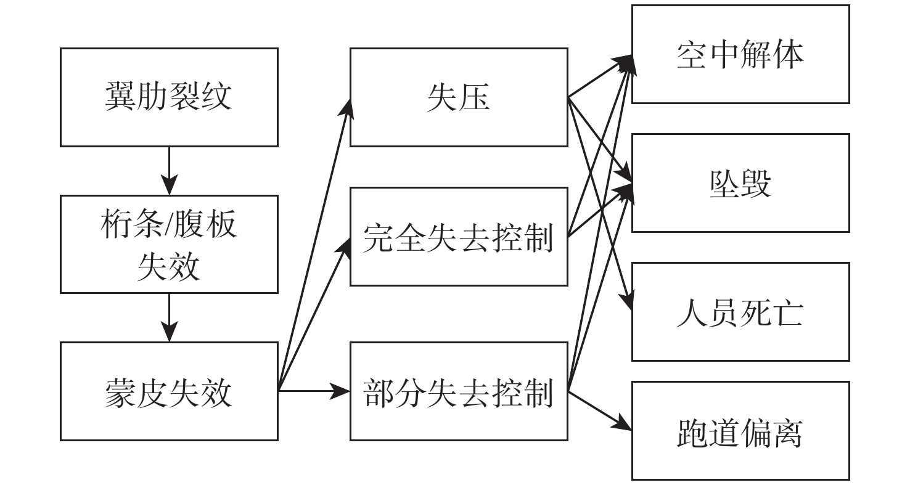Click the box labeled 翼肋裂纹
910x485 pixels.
(x=168, y=97)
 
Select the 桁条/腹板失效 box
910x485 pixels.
(x=168, y=244)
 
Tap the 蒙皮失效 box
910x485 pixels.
(x=168, y=391)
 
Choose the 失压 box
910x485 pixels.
(x=459, y=97)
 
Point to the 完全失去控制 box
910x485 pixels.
(x=459, y=237)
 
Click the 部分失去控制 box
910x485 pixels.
(x=459, y=391)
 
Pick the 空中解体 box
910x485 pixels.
(x=740, y=54)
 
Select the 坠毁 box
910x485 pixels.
(x=740, y=183)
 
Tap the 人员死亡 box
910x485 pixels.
(x=740, y=312)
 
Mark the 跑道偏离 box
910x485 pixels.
(x=740, y=431)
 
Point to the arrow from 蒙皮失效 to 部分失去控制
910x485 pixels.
(x=314, y=391)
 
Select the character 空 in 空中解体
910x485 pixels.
(x=691, y=55)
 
